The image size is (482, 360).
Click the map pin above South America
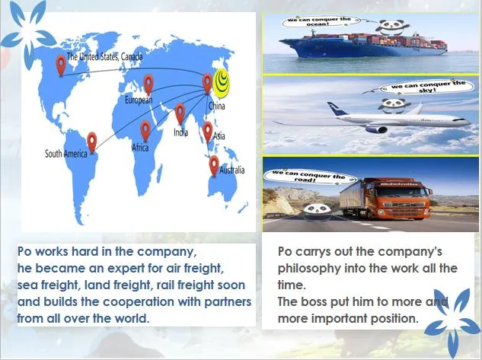92,141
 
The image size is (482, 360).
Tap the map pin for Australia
214,164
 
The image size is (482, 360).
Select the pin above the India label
180,113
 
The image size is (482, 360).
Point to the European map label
139,100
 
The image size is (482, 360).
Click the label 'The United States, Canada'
104,56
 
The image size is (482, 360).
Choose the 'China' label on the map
217,107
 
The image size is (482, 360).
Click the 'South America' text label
65,154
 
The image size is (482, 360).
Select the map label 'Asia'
219,135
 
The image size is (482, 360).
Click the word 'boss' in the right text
314,301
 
